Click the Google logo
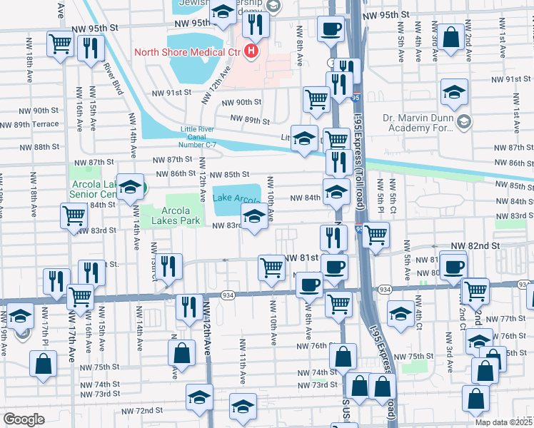pyautogui.click(x=24, y=419)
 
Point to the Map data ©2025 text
pyautogui.click(x=504, y=422)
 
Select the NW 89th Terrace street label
pyautogui.click(x=29, y=124)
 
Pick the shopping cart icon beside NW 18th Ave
pyautogui.click(x=60, y=42)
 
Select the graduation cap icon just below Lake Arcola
pyautogui.click(x=253, y=216)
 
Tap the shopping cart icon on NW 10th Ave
pyautogui.click(x=271, y=268)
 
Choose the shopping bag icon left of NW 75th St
pyautogui.click(x=44, y=362)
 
